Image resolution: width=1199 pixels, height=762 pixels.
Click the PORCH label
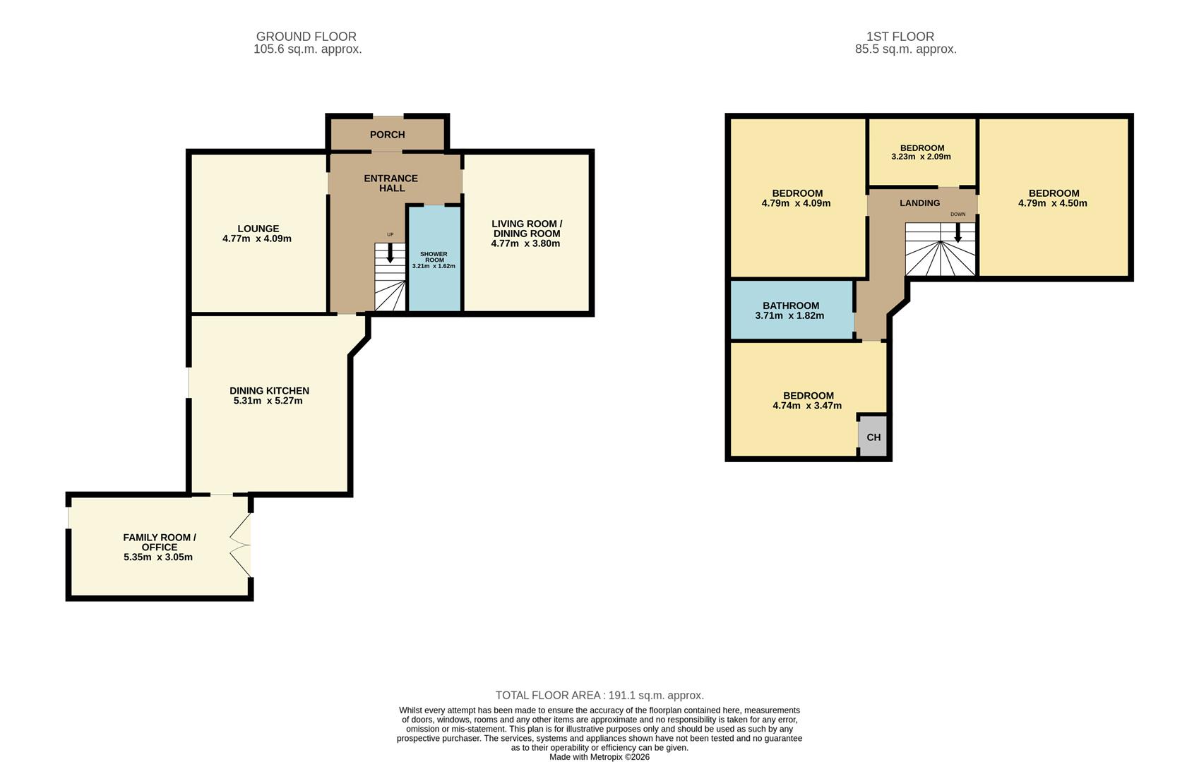tap(387, 135)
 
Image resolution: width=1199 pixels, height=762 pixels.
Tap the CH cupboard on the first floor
tap(873, 437)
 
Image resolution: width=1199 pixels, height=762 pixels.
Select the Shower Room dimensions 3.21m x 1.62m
tap(434, 266)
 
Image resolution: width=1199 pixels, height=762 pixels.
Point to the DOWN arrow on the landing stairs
tap(958, 233)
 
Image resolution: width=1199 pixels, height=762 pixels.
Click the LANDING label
tap(919, 203)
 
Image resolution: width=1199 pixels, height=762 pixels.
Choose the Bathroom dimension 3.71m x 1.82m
tap(789, 316)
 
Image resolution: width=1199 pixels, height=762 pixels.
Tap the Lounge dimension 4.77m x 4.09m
tap(257, 238)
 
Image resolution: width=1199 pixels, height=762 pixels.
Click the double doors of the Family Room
tap(241, 544)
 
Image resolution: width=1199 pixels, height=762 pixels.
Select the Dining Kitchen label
tap(269, 391)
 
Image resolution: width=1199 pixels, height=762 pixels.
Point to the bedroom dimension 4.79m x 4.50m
tap(1052, 203)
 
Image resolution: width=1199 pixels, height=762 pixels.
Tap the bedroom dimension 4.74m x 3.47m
tap(807, 406)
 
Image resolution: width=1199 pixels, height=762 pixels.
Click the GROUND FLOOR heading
tap(306, 37)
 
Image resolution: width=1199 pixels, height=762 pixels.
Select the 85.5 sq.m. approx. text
tap(905, 49)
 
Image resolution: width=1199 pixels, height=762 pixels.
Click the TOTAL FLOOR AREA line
tap(599, 696)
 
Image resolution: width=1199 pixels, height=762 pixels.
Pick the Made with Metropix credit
tap(599, 757)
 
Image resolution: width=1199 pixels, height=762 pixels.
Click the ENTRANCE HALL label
tap(391, 183)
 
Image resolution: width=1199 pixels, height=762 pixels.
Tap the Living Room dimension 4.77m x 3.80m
tap(525, 243)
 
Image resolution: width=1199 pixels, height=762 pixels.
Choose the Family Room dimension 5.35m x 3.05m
tap(158, 557)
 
